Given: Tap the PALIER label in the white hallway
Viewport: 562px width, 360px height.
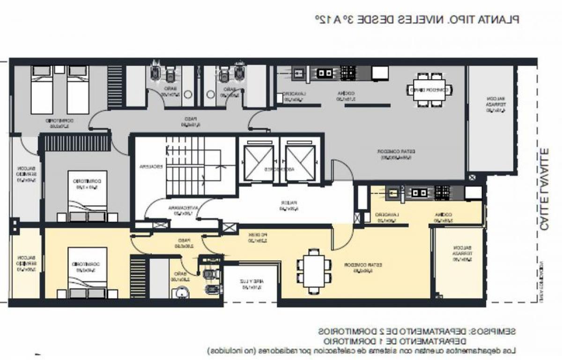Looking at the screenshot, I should [284, 205].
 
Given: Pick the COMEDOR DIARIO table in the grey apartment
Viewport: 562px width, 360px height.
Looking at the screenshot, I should [429, 90].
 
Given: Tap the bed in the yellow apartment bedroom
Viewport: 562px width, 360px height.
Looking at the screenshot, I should [87, 272].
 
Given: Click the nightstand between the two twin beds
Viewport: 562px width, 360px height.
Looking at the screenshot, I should [59, 70].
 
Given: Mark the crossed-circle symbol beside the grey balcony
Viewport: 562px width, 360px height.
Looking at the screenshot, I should [472, 177].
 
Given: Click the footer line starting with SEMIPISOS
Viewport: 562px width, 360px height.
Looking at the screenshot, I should [416, 331].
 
